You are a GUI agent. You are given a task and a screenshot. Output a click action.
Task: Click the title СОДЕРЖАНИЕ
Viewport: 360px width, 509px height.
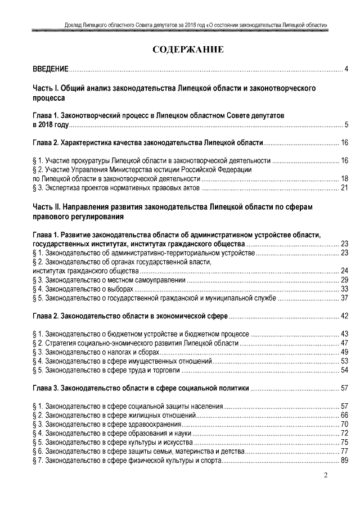pyautogui.click(x=188, y=50)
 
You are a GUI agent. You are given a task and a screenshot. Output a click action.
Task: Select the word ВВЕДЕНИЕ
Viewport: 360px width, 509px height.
pyautogui.click(x=49, y=69)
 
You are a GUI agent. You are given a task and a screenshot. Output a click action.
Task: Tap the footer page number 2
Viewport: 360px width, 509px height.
pyautogui.click(x=326, y=478)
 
